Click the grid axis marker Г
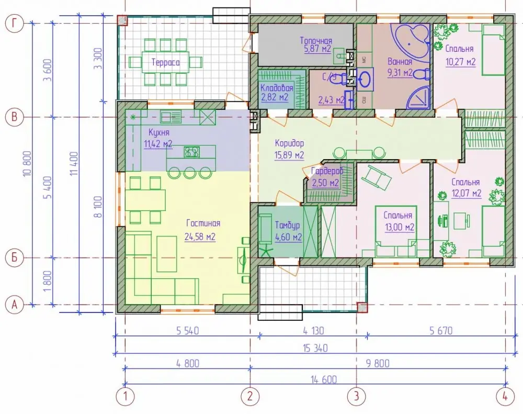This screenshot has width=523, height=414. [14, 24]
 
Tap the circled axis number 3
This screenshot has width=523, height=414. [356, 396]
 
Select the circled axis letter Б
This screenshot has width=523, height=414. [14, 258]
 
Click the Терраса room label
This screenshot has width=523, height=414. [165, 62]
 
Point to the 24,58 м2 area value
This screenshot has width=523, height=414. [200, 237]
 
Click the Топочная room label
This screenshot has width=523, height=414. [316, 41]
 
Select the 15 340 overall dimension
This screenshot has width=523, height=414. [315, 348]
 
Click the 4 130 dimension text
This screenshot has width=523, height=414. [313, 331]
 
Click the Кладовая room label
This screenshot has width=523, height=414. [277, 88]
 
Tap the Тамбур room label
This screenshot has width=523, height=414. [287, 226]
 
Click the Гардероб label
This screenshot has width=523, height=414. [327, 171]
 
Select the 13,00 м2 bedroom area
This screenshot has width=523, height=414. [400, 227]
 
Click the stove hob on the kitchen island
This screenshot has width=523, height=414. [192, 152]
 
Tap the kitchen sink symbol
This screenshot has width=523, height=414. [170, 117]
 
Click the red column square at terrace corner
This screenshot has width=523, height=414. [122, 20]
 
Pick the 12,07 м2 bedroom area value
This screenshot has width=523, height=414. [467, 193]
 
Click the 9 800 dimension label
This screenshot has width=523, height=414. [378, 363]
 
